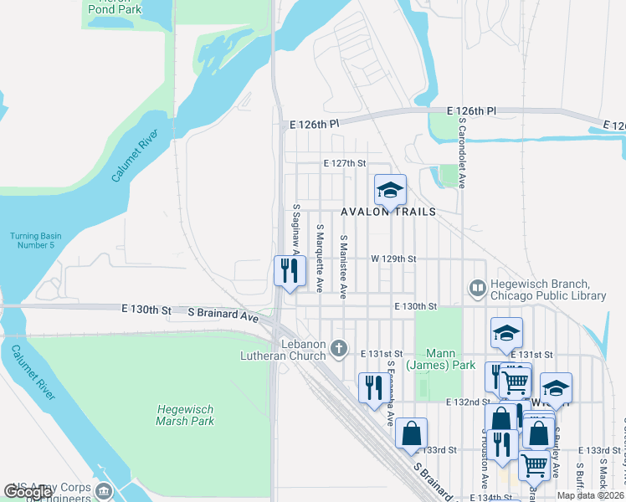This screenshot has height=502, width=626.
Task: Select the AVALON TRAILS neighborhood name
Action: pyautogui.click(x=388, y=212)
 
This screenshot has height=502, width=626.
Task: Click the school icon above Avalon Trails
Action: pyautogui.click(x=390, y=191)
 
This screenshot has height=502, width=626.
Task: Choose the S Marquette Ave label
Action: pyautogui.click(x=320, y=258)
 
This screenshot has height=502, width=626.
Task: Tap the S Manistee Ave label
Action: pyautogui.click(x=343, y=265)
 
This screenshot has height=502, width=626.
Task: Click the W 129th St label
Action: pyautogui.click(x=395, y=259)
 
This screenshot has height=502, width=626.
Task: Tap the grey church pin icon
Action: pyautogui.click(x=339, y=347)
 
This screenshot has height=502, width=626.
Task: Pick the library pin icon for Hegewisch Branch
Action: pyautogui.click(x=478, y=289)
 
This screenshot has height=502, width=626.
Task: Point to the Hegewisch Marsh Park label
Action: pyautogui.click(x=185, y=415)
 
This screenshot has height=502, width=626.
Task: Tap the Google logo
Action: pyautogui.click(x=28, y=492)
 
